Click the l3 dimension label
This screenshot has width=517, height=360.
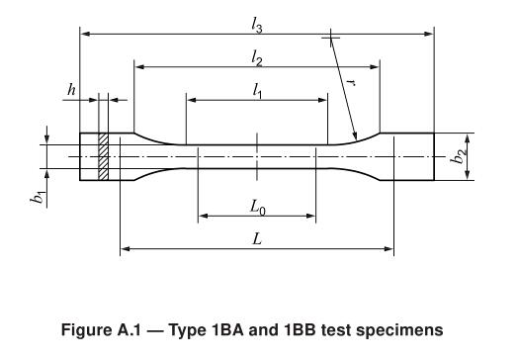point(256,25)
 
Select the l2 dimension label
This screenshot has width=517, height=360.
point(256,58)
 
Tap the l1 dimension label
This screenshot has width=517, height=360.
point(257,91)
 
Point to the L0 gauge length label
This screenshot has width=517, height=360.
point(257,208)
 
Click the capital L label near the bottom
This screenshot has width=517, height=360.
point(257,238)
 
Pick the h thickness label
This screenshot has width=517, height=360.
point(71,89)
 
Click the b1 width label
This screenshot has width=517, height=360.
point(38,197)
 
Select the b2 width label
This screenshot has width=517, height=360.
point(459,156)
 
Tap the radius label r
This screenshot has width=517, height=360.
point(352,82)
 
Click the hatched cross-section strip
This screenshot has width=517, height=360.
point(103,156)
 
